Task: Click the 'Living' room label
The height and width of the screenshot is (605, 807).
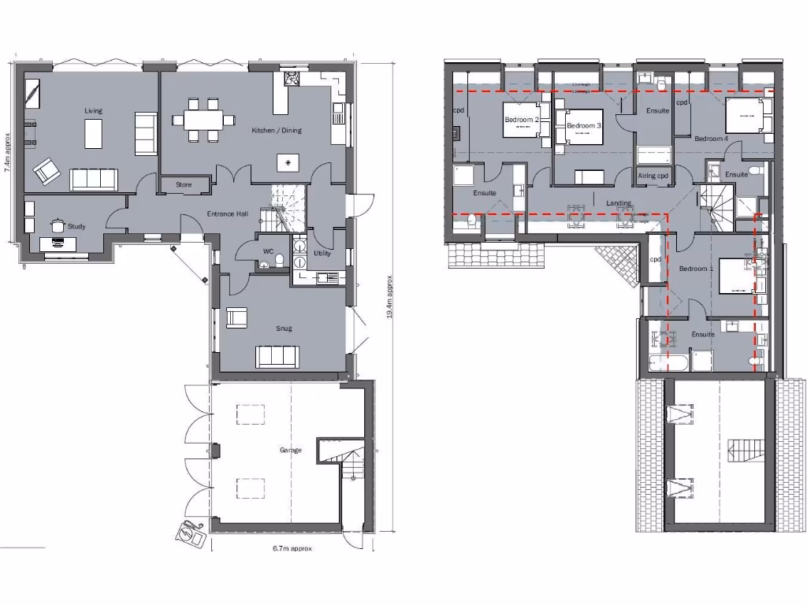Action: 93,111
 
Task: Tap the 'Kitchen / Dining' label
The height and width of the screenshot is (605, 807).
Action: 276,130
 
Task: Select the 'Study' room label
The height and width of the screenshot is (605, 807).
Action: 76,227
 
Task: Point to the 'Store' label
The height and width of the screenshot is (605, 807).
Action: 184,185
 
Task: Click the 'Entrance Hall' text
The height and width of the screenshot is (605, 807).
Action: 229,214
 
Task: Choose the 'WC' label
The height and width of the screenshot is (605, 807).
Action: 268,252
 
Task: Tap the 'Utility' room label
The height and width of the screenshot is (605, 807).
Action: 322,254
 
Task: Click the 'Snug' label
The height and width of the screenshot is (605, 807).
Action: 284,328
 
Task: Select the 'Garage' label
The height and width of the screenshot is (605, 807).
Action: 290,451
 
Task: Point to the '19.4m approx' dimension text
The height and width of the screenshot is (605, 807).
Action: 389,297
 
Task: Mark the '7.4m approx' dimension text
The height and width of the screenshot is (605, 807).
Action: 7,152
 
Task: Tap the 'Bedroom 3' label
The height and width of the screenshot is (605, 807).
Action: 584,125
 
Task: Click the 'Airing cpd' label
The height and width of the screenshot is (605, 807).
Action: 653,176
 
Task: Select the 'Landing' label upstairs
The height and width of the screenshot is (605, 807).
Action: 619,203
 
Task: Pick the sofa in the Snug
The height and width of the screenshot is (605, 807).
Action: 277,357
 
